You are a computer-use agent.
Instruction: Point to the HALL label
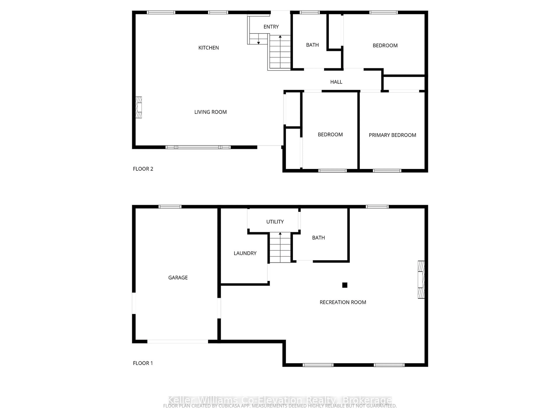[x=336, y=82]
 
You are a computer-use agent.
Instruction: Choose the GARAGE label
[x=178, y=278]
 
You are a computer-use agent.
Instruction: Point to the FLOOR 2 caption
[x=143, y=169]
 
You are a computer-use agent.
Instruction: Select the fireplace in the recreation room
[x=421, y=280]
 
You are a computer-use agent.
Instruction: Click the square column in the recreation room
[x=345, y=285]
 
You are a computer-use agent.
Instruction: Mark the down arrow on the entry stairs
[x=258, y=42]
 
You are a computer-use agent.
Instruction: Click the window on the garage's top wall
[x=170, y=207]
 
